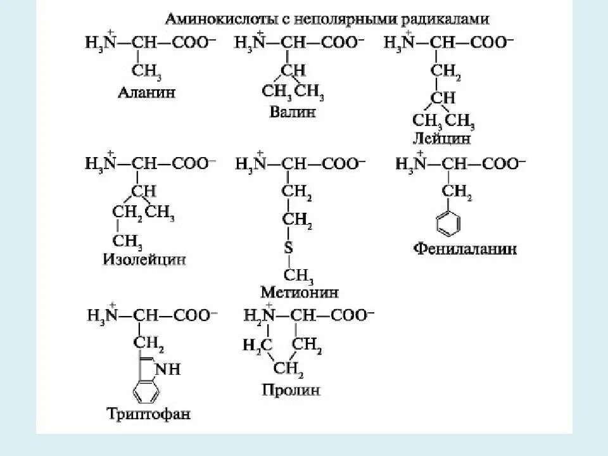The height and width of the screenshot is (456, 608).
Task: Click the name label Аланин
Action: click(x=146, y=93)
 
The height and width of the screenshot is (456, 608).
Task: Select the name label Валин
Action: click(x=292, y=112)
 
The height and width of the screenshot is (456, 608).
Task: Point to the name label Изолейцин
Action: click(x=144, y=259)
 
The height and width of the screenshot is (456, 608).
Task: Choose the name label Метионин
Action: click(x=299, y=292)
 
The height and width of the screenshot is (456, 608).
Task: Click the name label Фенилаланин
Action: click(x=465, y=248)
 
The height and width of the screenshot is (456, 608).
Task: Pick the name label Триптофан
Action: click(x=149, y=415)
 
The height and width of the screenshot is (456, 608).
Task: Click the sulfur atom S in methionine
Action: click(x=288, y=248)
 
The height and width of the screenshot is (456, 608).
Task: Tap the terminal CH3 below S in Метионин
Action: click(x=298, y=275)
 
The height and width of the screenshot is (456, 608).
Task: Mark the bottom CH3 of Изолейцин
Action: click(x=127, y=241)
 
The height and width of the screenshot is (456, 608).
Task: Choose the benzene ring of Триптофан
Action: click(x=148, y=389)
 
